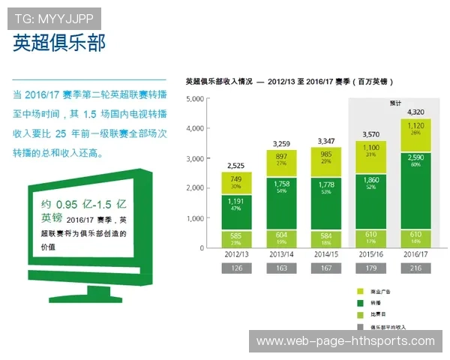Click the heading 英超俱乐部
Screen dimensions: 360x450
pos(59,43)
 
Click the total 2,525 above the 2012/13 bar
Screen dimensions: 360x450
pos(236,165)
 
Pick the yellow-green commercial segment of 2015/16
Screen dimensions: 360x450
pos(370,151)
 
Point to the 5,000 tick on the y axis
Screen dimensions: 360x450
pos(194,99)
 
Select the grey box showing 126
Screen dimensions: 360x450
pos(236,268)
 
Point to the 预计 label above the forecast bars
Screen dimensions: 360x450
pos(395,103)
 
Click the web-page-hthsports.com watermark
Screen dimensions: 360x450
pos(345,341)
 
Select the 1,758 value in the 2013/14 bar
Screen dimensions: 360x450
pos(281,183)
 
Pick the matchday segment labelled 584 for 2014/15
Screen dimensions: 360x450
pos(325,236)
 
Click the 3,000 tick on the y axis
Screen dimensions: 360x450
pos(194,158)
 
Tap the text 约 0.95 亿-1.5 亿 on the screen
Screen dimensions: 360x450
pos(82,205)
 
